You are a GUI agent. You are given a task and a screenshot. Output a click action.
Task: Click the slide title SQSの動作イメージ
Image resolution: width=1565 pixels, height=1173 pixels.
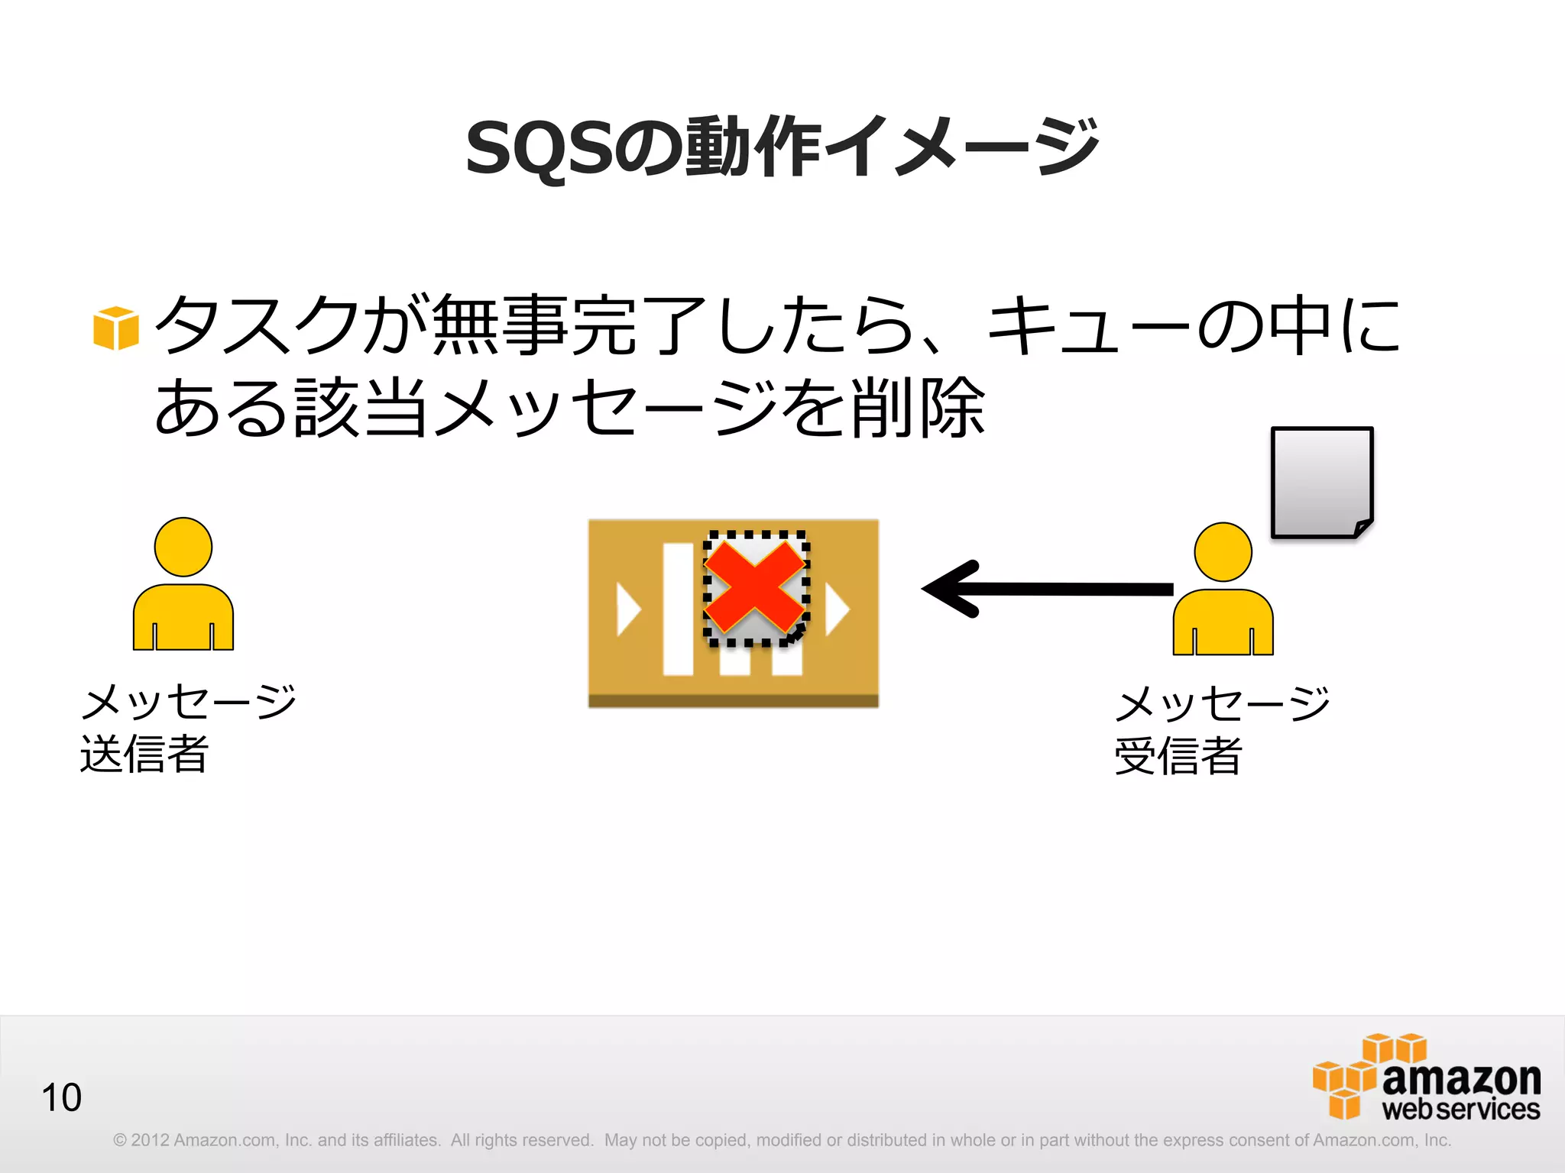pyautogui.click(x=781, y=147)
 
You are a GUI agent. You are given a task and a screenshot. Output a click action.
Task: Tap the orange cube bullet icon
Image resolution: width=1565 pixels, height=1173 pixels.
pyautogui.click(x=115, y=328)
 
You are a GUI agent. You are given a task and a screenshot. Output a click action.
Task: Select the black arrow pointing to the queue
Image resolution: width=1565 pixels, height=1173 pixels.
pyautogui.click(x=1047, y=589)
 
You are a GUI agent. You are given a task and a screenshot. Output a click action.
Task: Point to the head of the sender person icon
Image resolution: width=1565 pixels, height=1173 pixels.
pyautogui.click(x=183, y=547)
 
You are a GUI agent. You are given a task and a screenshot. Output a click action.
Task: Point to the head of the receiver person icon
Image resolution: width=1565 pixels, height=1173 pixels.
pyautogui.click(x=1223, y=551)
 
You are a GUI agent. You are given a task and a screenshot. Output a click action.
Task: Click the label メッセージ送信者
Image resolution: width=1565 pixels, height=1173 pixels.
pyautogui.click(x=187, y=727)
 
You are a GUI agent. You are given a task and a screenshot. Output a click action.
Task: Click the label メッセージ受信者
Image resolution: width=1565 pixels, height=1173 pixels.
pyautogui.click(x=1221, y=729)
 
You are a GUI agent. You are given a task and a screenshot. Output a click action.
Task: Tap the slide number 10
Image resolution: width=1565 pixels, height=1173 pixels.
pyautogui.click(x=61, y=1097)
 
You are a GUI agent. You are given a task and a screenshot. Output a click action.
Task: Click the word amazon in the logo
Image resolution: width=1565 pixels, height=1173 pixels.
pyautogui.click(x=1461, y=1078)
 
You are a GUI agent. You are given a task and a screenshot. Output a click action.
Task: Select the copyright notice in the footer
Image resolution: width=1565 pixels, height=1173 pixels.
pyautogui.click(x=781, y=1140)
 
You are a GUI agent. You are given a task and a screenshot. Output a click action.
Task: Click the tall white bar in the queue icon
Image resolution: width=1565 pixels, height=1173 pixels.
pyautogui.click(x=678, y=609)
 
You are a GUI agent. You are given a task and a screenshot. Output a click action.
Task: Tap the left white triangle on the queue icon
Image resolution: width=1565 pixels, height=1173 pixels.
pyautogui.click(x=627, y=609)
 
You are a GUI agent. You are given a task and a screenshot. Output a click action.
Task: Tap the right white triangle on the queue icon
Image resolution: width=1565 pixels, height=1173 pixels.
pyautogui.click(x=837, y=610)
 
